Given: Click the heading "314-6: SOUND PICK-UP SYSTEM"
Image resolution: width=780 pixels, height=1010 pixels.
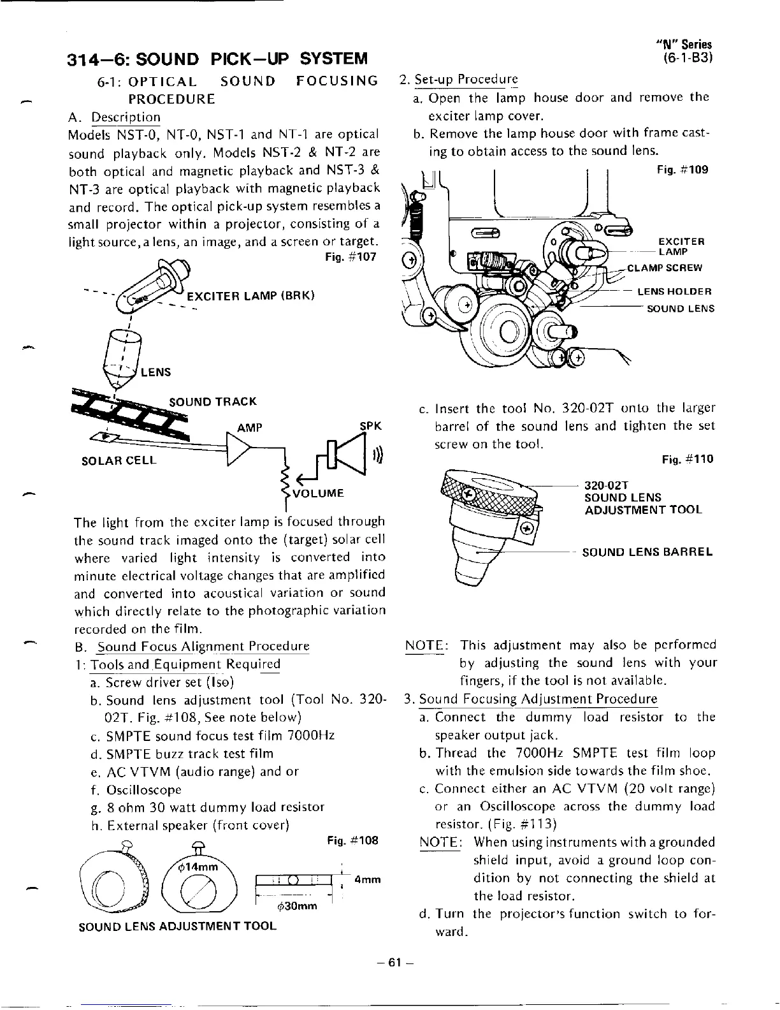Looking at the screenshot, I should (x=217, y=59).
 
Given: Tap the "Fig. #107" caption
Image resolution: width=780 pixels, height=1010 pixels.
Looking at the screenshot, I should (x=350, y=257).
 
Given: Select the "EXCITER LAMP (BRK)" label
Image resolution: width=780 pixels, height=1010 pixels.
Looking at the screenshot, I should (x=250, y=297).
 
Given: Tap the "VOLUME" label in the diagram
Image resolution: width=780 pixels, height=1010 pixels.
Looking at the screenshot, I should (x=317, y=493).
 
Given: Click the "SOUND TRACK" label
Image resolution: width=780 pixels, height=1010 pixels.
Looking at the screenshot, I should (x=213, y=402).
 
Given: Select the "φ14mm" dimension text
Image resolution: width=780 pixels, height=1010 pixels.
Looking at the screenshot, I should (x=198, y=867).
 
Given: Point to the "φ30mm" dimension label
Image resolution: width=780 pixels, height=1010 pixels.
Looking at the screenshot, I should (x=298, y=907).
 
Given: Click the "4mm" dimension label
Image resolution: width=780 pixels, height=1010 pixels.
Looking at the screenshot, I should (x=367, y=879).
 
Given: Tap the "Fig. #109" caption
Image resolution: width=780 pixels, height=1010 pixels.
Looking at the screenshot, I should (x=682, y=170).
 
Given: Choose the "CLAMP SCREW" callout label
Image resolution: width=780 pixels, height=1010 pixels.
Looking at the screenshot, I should (x=665, y=268).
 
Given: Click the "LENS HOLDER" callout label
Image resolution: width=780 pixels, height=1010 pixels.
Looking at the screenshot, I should (x=674, y=292).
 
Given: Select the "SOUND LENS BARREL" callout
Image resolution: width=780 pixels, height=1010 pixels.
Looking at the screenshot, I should (x=647, y=552).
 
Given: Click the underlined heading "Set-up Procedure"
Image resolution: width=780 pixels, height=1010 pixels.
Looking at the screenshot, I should (x=466, y=80).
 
